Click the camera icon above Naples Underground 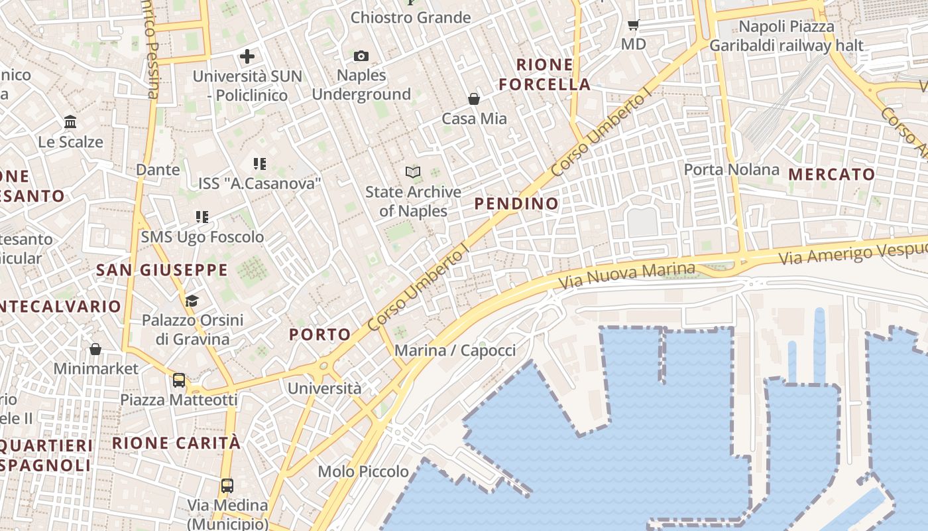(361, 56)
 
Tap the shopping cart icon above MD (633, 25)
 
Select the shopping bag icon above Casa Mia (474, 99)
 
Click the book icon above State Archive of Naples (413, 173)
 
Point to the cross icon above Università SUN (247, 56)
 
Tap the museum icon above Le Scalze (70, 122)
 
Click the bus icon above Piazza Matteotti (178, 380)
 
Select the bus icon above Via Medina (227, 485)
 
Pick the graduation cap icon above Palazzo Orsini (192, 301)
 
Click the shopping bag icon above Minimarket (95, 349)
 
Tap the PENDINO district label (517, 204)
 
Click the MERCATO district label (832, 175)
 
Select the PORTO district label (320, 335)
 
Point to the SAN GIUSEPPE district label (162, 270)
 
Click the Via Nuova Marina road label (626, 275)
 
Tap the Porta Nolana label (732, 169)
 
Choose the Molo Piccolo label (363, 471)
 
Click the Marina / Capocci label (455, 350)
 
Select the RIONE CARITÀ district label (176, 443)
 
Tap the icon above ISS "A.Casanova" (260, 163)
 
